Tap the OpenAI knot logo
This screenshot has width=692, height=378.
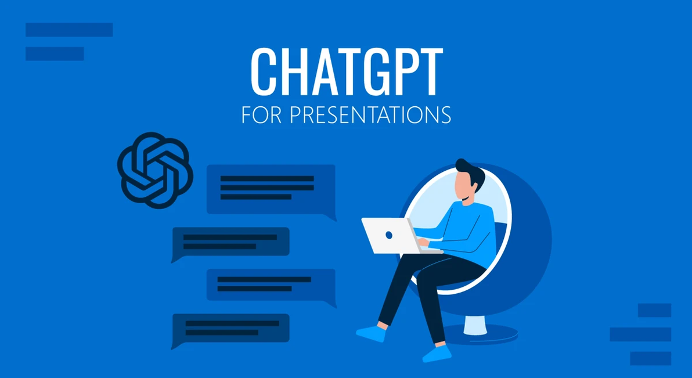(x=154, y=170)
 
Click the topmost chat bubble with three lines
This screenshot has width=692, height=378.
(x=271, y=189)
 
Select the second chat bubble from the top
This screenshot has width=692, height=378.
(x=231, y=242)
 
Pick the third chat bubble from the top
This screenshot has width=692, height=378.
(x=271, y=284)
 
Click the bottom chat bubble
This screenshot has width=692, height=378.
(x=231, y=328)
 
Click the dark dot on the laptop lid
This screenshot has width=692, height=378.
(x=388, y=235)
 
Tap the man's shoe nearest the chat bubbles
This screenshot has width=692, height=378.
(x=371, y=333)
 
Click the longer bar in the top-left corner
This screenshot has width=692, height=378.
(x=69, y=30)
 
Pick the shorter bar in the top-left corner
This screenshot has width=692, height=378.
(x=55, y=53)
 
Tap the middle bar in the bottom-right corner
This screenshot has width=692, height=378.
(x=640, y=334)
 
